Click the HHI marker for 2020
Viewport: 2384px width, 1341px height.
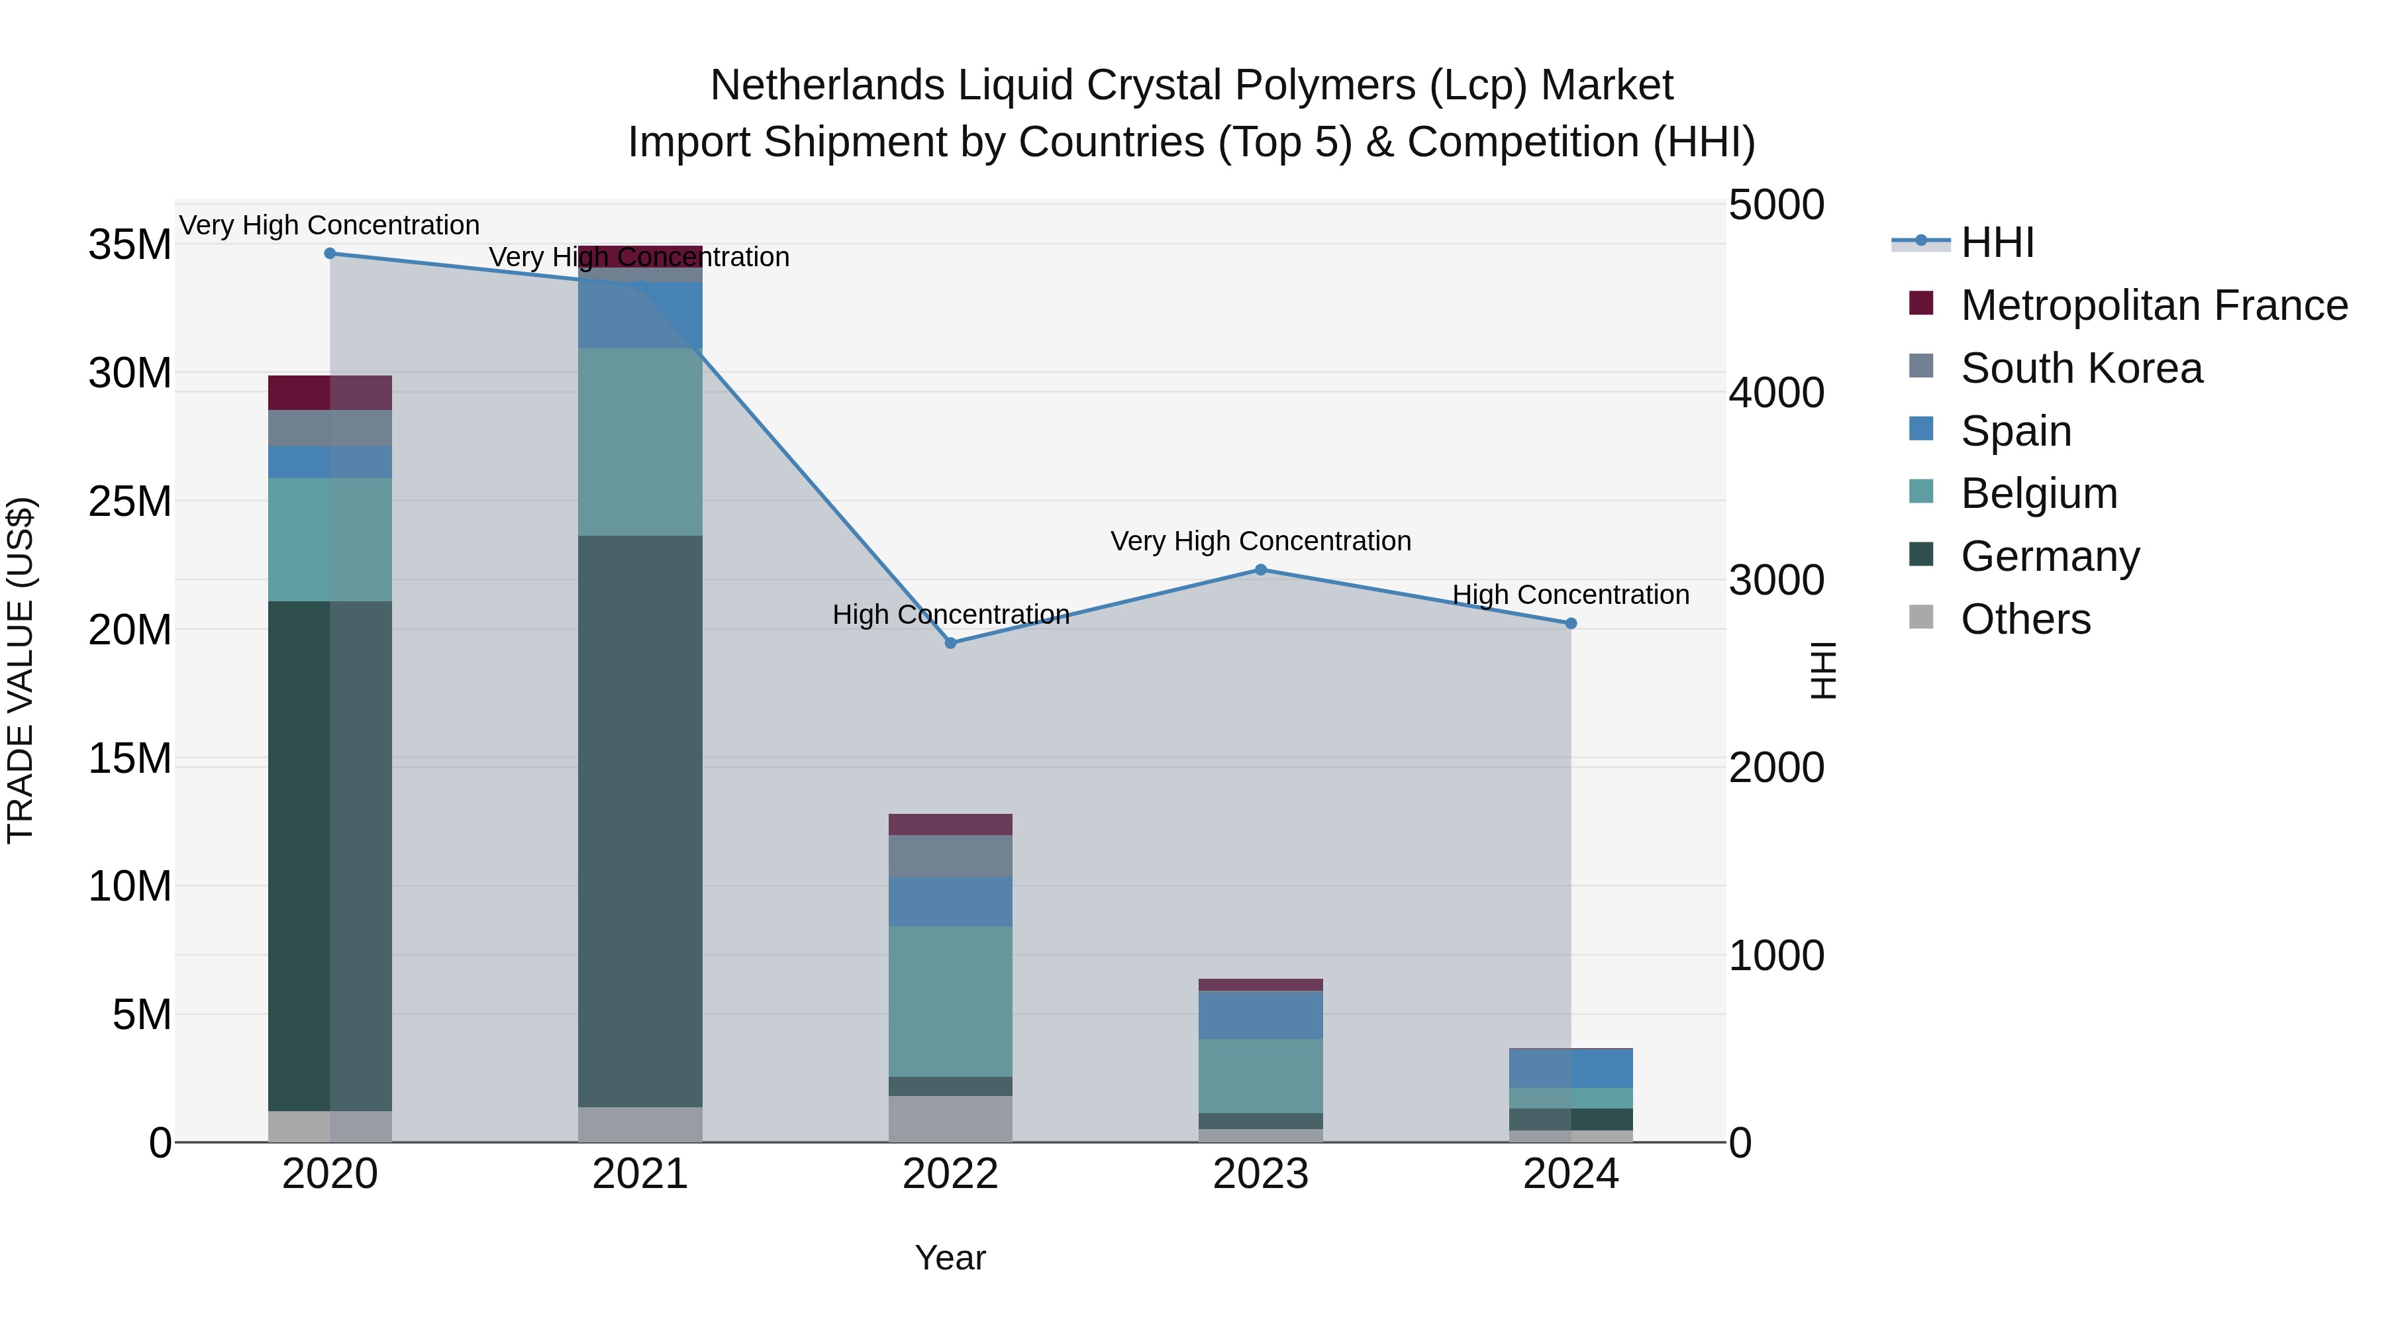pyautogui.click(x=330, y=254)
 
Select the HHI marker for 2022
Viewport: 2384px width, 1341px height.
pyautogui.click(x=950, y=643)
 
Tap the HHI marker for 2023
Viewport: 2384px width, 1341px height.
pyautogui.click(x=1260, y=570)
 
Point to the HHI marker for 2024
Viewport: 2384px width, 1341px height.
pyautogui.click(x=1571, y=624)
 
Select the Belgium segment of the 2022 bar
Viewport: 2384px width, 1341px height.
pyautogui.click(x=950, y=1001)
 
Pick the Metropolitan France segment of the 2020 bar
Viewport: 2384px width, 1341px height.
pyautogui.click(x=330, y=393)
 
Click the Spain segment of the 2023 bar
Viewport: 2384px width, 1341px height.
pyautogui.click(x=1260, y=1015)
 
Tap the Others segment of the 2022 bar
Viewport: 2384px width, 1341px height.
pyautogui.click(x=950, y=1119)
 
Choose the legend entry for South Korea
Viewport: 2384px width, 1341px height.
pyautogui.click(x=2081, y=368)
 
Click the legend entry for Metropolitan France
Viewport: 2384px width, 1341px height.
pyautogui.click(x=2153, y=305)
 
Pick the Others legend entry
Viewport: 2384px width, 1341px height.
pyautogui.click(x=2025, y=619)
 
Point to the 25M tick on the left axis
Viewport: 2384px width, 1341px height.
pyautogui.click(x=130, y=501)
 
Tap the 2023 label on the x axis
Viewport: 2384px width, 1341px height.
pyautogui.click(x=1260, y=1174)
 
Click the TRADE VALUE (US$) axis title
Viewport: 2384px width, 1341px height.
pyautogui.click(x=21, y=670)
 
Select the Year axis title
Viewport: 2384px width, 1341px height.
pyautogui.click(x=950, y=1258)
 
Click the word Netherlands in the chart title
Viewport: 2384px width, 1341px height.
pyautogui.click(x=827, y=85)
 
